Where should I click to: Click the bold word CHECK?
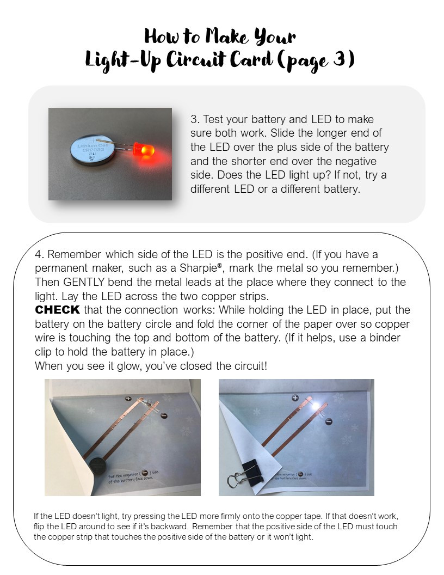pos(57,310)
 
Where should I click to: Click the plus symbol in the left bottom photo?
pos(128,399)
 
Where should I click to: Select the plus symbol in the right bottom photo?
pos(295,398)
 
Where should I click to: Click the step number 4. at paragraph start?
pos(40,254)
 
